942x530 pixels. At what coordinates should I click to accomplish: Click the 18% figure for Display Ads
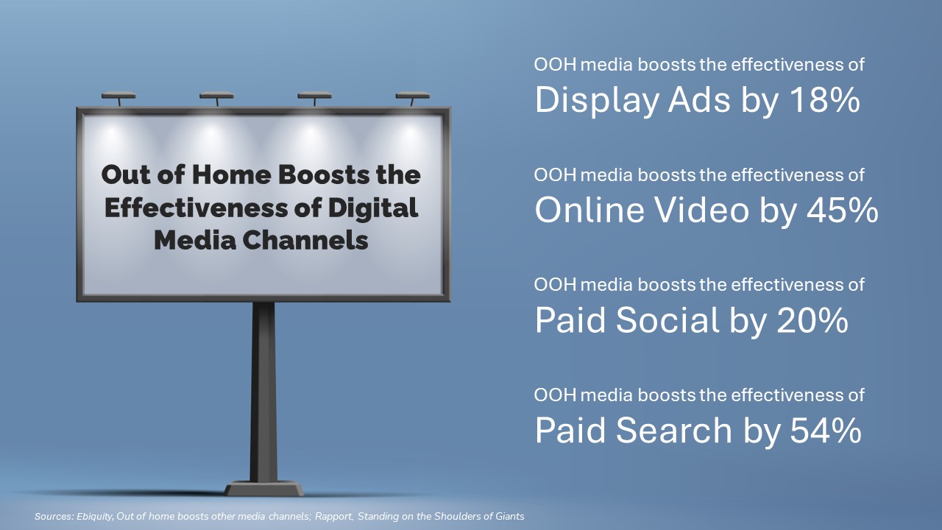coord(825,100)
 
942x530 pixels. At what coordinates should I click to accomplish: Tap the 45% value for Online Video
coord(843,210)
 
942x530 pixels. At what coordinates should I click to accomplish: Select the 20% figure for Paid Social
coord(812,320)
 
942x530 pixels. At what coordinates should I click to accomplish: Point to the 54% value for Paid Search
coord(826,431)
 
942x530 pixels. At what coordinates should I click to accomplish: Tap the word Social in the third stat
coord(667,319)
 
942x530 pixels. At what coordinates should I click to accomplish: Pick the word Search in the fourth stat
coord(674,430)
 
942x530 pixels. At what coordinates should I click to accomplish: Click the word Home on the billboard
coord(232,174)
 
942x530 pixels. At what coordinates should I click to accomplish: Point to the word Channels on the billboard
coord(305,240)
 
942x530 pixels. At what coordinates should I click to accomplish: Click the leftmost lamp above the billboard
coord(118,99)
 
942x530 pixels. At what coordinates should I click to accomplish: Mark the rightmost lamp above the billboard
coord(413,99)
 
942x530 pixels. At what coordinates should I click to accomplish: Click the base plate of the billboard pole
coord(263,489)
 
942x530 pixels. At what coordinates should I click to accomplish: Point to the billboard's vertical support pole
coord(263,392)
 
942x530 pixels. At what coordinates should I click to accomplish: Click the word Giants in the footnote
coord(510,516)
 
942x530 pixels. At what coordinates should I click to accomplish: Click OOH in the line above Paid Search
coord(555,395)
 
